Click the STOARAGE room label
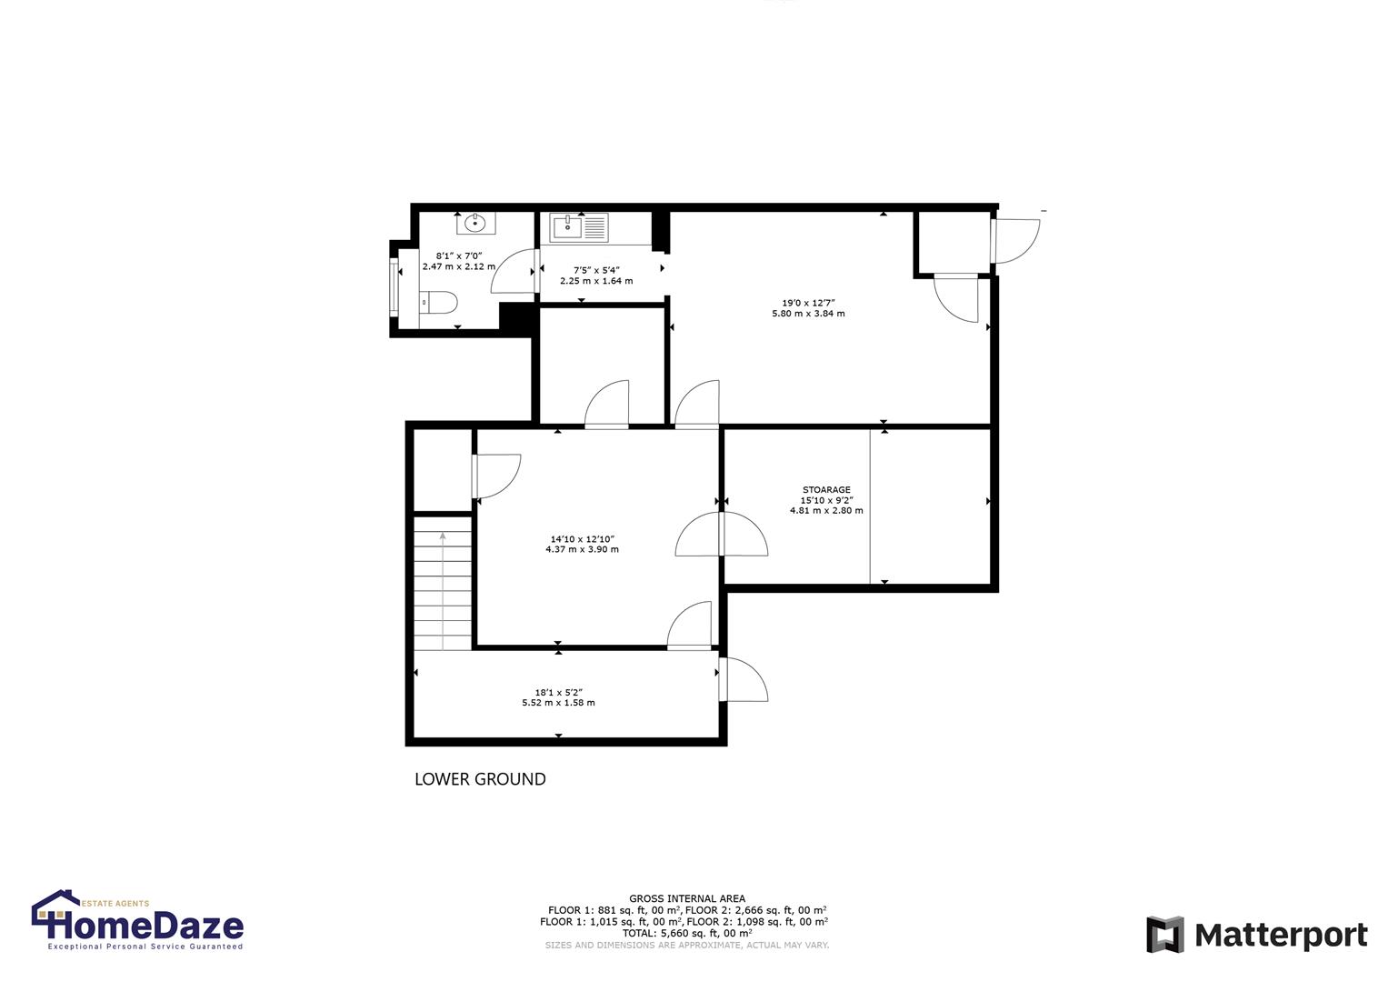[826, 490]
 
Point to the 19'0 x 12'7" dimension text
[808, 303]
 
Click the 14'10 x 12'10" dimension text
[582, 538]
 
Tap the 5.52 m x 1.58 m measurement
[558, 703]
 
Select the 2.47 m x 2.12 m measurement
[459, 267]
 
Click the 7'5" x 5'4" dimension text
[596, 270]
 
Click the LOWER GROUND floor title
[480, 779]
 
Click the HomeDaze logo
[137, 921]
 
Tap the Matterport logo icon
[1165, 935]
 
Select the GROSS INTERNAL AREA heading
[686, 899]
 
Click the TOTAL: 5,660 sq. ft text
[686, 933]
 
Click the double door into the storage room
[722, 536]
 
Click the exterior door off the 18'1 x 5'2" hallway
[743, 679]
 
